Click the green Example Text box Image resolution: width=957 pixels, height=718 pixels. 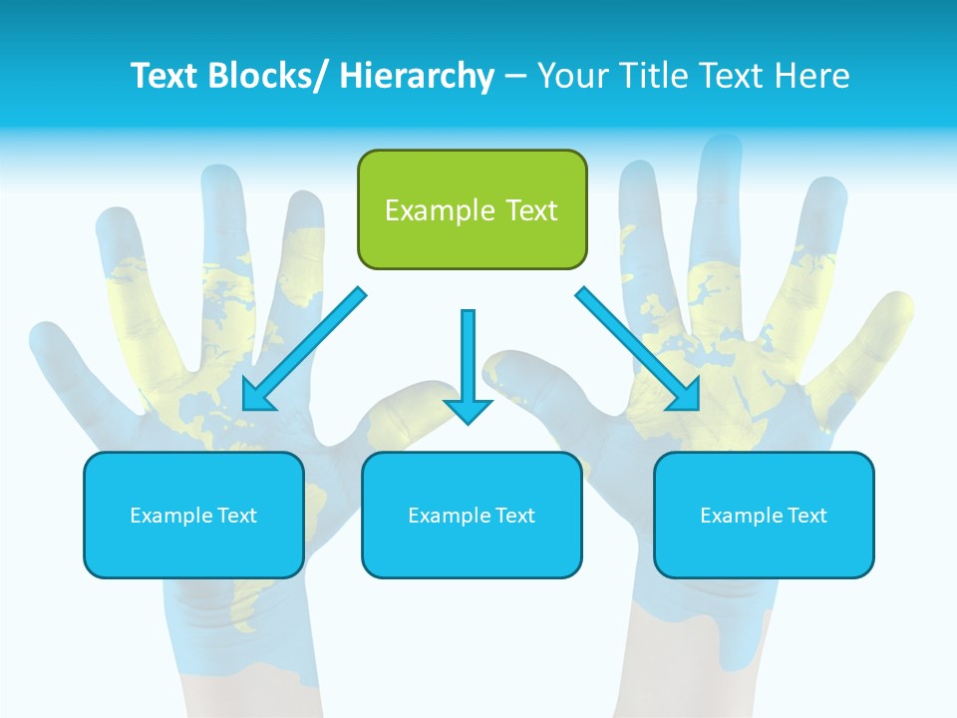click(x=472, y=209)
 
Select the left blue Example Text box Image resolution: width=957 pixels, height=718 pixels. click(x=193, y=515)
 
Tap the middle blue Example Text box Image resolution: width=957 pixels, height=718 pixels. click(x=472, y=515)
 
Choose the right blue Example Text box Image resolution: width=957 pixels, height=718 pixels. click(x=764, y=515)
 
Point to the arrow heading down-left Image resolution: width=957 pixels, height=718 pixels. click(x=304, y=349)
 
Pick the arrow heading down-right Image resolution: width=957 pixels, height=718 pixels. click(x=638, y=349)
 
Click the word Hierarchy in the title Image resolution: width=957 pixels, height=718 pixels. click(x=417, y=76)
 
